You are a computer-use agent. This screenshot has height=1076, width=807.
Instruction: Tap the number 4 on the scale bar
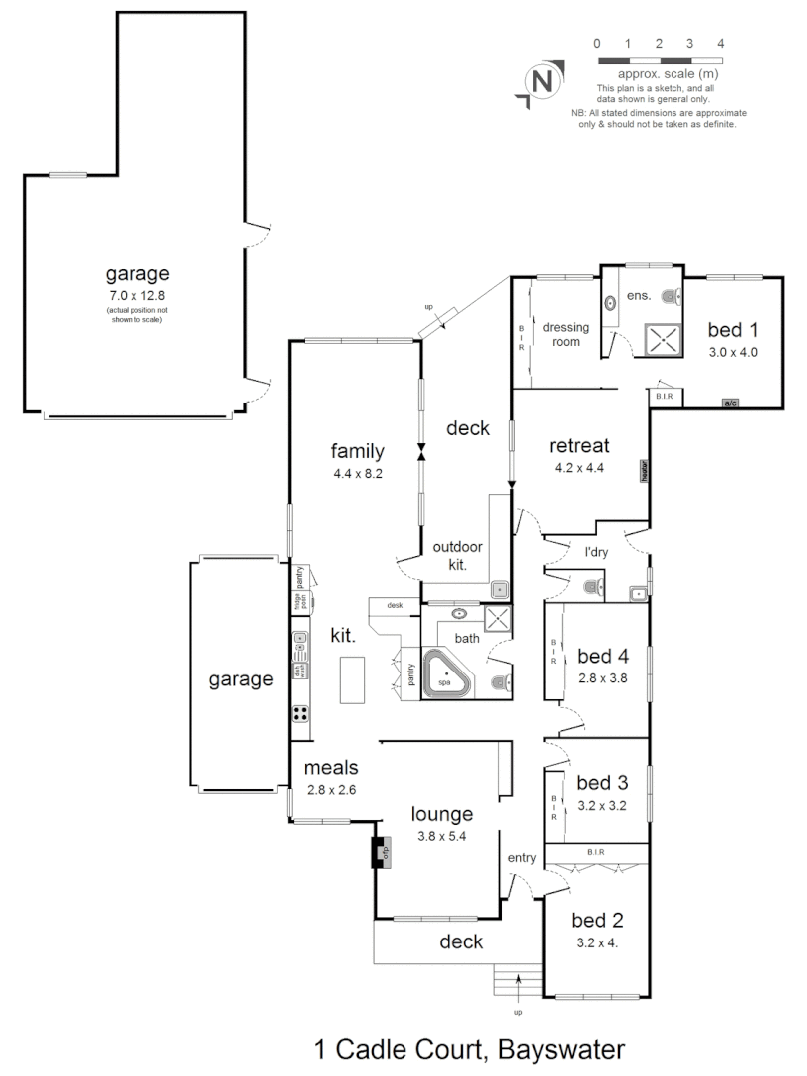[x=720, y=43]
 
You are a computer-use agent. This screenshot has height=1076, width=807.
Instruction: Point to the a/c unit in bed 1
[x=730, y=403]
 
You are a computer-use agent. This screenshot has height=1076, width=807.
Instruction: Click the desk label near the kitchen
[x=395, y=605]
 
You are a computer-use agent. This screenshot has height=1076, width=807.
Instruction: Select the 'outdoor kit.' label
[x=458, y=554]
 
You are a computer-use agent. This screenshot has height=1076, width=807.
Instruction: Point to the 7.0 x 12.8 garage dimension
[x=137, y=296]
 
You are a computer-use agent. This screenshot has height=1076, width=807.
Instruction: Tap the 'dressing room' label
[x=566, y=334]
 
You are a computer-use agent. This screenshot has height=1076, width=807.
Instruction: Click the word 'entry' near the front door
[x=522, y=858]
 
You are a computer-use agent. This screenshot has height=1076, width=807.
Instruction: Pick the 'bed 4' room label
[x=602, y=656]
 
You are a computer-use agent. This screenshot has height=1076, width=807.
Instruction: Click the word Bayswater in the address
[x=559, y=1049]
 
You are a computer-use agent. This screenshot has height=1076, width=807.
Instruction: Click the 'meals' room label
[x=331, y=768]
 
